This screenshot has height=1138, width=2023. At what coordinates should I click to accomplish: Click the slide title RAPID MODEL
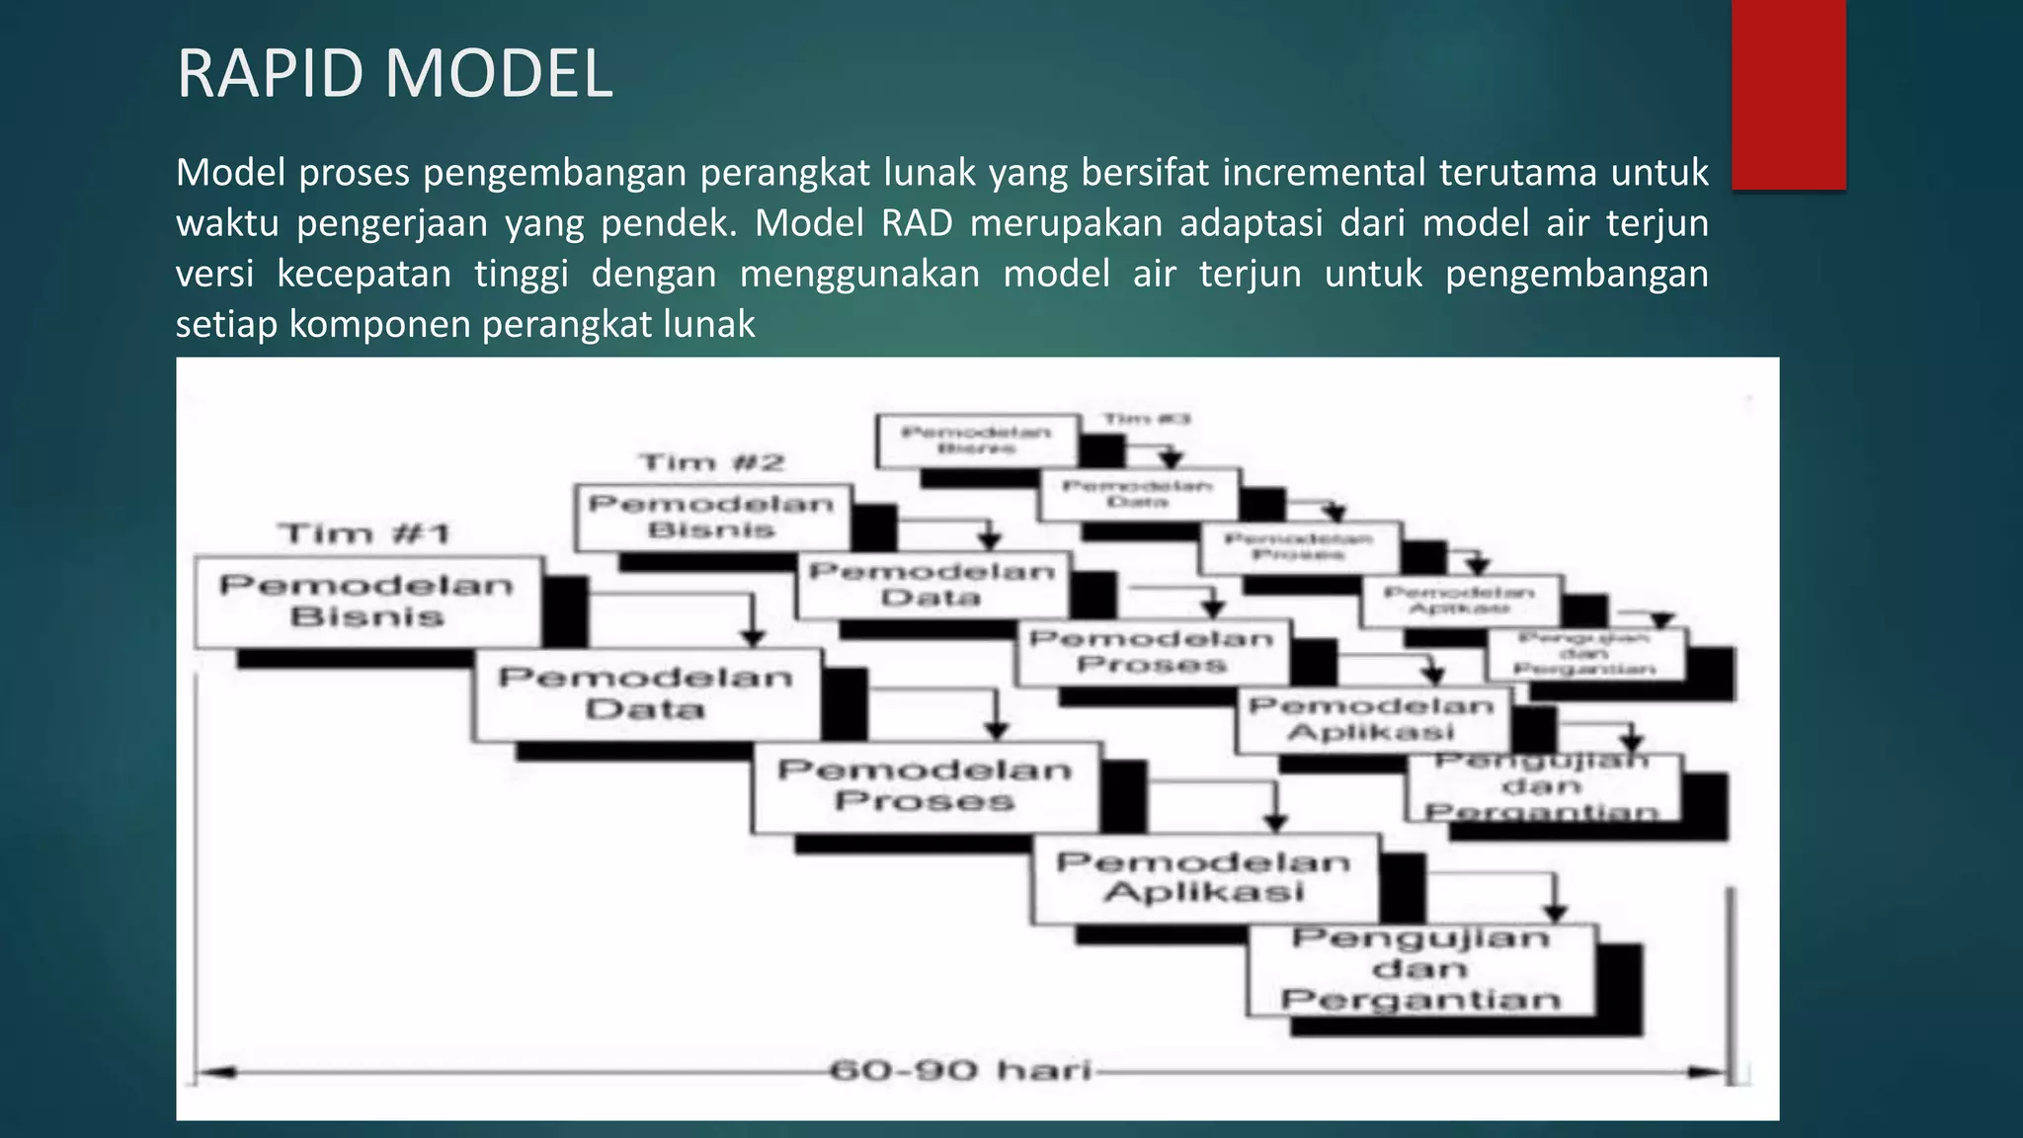point(394,74)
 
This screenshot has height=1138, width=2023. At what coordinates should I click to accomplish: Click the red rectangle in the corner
point(1788,94)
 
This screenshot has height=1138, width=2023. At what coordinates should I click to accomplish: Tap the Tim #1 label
point(364,534)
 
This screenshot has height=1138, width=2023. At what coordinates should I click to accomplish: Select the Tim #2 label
point(711,462)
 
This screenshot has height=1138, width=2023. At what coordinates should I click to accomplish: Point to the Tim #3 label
point(1146,419)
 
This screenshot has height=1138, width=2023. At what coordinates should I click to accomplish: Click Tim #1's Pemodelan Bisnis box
point(367,602)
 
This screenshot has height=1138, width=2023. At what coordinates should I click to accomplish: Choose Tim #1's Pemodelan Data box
point(646,693)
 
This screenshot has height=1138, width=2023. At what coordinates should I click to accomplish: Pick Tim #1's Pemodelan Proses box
point(925,786)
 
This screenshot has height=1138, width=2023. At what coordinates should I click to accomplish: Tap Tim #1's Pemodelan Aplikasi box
point(1204,878)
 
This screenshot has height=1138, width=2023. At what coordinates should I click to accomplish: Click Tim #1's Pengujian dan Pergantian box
point(1421,970)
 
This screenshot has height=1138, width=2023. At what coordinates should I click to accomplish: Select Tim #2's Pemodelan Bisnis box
point(711,517)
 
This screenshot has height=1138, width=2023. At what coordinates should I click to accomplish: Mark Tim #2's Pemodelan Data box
point(931,585)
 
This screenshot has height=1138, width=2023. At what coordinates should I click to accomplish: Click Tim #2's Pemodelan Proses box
point(1152,652)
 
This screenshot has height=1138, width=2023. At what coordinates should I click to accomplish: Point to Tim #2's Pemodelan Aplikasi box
point(1372,719)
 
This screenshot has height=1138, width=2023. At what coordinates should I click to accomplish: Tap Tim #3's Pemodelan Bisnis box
point(976,441)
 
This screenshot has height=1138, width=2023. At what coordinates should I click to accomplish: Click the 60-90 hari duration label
point(960,1071)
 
